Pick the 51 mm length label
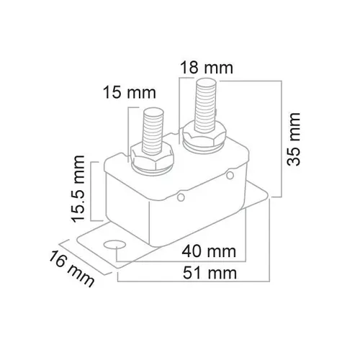[x=210, y=272]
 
